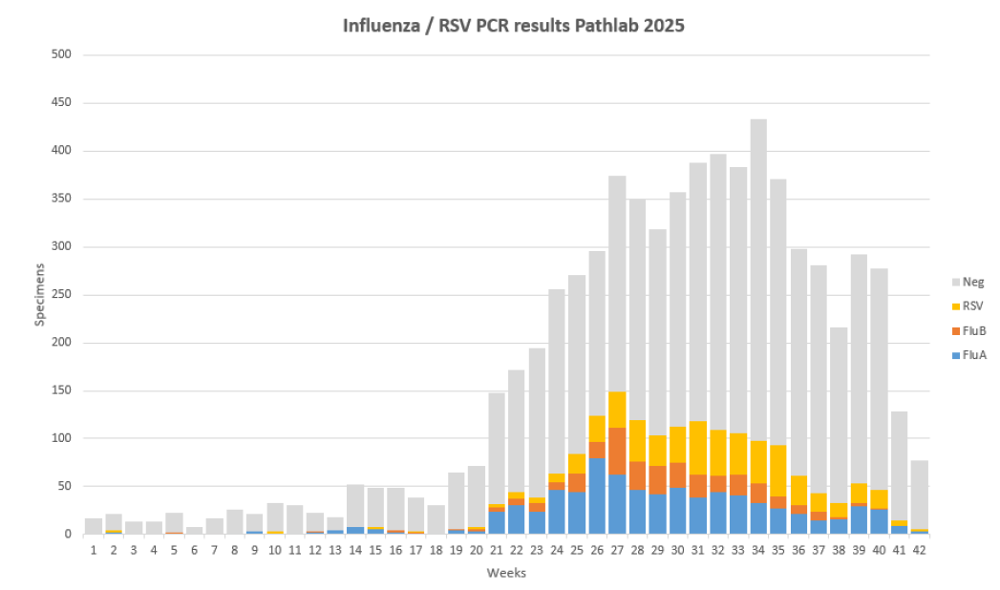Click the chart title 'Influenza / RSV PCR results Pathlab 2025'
click(513, 26)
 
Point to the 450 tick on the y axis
click(62, 103)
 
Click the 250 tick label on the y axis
click(62, 247)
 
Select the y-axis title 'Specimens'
click(40, 295)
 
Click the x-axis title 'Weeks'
click(506, 573)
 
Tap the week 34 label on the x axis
click(758, 550)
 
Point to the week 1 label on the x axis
click(93, 550)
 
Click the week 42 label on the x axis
click(920, 550)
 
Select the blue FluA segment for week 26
click(597, 496)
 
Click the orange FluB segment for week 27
click(617, 451)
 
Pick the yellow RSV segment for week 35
click(778, 471)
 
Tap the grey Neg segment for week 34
click(758, 258)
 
